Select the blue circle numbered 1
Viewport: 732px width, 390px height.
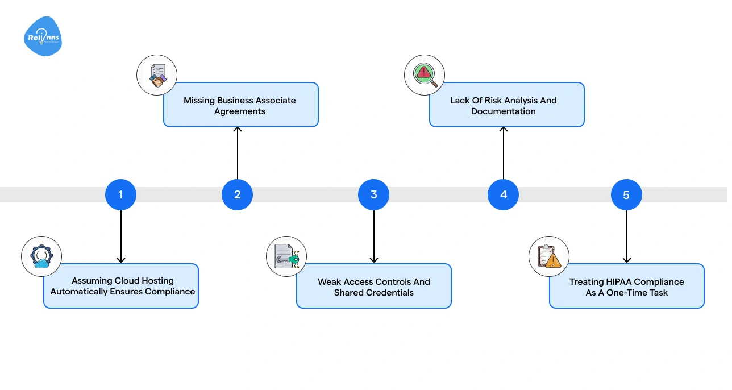120,194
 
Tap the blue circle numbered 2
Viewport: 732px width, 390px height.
237,194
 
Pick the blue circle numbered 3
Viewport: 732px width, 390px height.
373,194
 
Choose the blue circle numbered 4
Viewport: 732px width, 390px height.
503,194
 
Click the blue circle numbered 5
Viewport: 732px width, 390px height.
626,195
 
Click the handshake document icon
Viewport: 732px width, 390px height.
157,75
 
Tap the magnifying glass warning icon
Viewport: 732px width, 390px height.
425,75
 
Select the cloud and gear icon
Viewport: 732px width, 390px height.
41,256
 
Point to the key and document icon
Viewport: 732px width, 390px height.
286,256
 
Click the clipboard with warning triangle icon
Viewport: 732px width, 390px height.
549,256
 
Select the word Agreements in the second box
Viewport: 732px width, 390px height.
240,111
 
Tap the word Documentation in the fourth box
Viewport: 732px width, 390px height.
504,111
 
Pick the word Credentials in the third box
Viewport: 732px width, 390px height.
390,293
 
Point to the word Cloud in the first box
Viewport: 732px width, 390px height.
127,281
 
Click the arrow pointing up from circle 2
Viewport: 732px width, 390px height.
238,153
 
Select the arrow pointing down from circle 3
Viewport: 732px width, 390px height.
373,237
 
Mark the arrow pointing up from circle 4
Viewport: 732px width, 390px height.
503,153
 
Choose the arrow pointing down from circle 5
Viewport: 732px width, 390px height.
626,237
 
